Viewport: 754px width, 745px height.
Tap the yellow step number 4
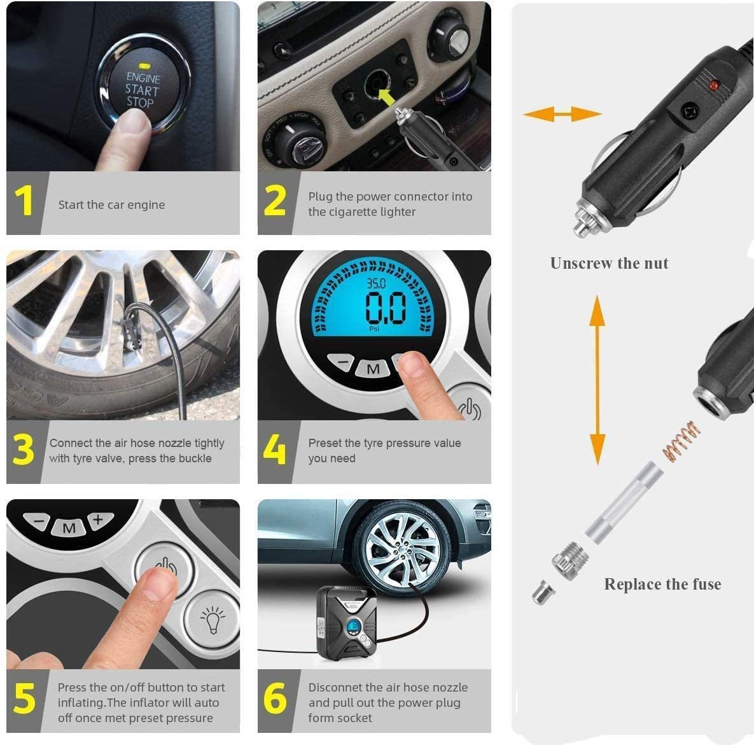(x=274, y=449)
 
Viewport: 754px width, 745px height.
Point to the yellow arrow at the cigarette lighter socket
(x=387, y=96)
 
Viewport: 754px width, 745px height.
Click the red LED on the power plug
(x=713, y=86)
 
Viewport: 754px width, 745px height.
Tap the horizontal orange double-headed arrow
(x=562, y=114)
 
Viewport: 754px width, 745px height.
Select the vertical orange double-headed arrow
(x=597, y=380)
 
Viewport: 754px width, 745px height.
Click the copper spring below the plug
(x=681, y=441)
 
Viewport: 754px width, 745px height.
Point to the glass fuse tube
(x=624, y=502)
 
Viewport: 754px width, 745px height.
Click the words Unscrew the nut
(x=610, y=263)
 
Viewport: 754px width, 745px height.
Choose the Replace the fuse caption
(x=662, y=584)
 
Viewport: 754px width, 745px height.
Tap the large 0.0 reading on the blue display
(x=386, y=308)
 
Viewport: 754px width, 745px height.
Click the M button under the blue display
(x=373, y=369)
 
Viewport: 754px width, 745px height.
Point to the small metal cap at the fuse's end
(x=543, y=592)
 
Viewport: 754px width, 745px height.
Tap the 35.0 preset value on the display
(x=376, y=283)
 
